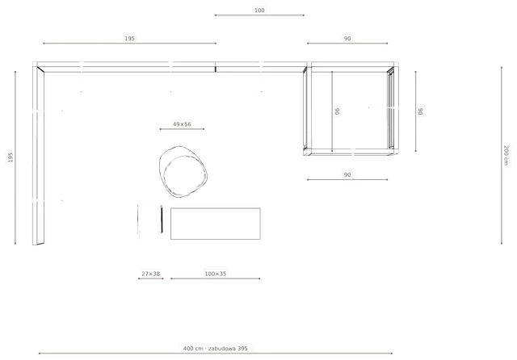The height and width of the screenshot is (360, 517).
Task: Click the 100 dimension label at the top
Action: point(259,10)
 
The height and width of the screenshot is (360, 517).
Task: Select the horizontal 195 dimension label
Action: point(129,38)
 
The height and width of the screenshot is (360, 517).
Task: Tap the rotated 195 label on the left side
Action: point(11,157)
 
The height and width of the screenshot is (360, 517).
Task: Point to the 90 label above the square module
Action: point(347,39)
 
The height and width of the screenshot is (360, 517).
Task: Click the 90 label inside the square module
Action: point(337,111)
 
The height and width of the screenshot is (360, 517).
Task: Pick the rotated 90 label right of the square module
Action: point(421,111)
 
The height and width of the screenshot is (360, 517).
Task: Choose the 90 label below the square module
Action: point(347,174)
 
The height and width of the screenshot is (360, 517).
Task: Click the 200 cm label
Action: point(506,156)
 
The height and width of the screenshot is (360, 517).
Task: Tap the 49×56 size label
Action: point(182,124)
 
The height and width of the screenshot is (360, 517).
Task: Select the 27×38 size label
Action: point(151,274)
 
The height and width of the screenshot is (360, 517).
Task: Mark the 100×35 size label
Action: point(216,274)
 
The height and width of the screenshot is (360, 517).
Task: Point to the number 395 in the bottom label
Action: point(242,348)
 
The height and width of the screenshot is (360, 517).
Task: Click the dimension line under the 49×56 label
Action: point(182,129)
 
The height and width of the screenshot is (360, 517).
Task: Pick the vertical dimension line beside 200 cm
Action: point(502,155)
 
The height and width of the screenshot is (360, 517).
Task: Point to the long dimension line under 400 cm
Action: point(216,354)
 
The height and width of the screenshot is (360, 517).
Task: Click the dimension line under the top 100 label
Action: point(259,15)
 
